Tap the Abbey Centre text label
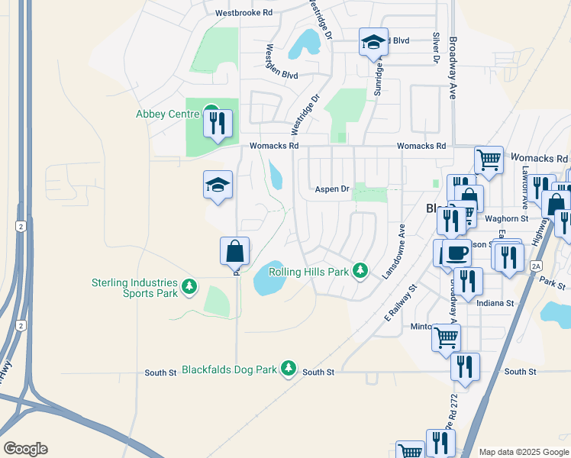[x=167, y=114]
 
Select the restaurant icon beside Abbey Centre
[x=218, y=122]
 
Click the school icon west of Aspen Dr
[x=218, y=185]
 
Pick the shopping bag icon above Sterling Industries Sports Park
[x=234, y=251]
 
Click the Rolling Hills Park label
[x=308, y=272]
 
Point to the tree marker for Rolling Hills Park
[x=361, y=272]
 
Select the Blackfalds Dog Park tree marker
[x=288, y=369]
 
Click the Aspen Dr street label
[x=333, y=189]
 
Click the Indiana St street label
[x=495, y=303]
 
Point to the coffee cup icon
[x=457, y=253]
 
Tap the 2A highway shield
[x=535, y=266]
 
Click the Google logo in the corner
[x=24, y=448]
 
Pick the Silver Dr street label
[x=436, y=47]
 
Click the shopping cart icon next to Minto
[x=446, y=336]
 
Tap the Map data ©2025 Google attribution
[x=523, y=452]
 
